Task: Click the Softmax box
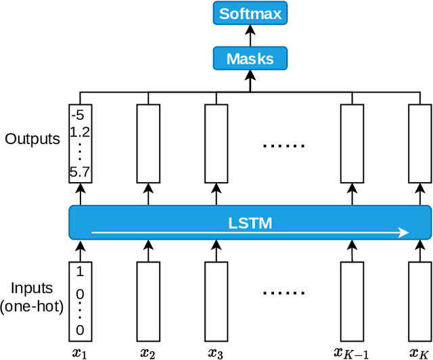(250, 13)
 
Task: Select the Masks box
(250, 59)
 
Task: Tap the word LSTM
(250, 222)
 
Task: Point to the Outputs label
(32, 139)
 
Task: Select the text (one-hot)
(32, 306)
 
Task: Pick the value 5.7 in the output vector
(80, 173)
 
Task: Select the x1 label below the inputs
(81, 352)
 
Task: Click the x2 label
(148, 352)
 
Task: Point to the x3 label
(216, 352)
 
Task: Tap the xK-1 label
(351, 352)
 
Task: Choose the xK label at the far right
(419, 352)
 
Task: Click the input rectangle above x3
(216, 302)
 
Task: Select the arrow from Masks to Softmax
(250, 35)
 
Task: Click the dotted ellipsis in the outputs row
(283, 145)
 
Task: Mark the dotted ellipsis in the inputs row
(283, 293)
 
